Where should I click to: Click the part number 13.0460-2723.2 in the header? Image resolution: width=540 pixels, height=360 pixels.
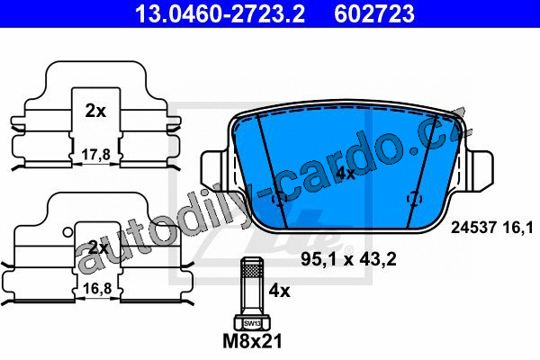coord(220,13)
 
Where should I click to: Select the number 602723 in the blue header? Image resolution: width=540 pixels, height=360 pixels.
coord(374,13)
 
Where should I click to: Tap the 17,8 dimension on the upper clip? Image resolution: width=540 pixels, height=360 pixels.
coord(96,155)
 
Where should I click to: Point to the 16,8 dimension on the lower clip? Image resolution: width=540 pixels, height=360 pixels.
coord(97,288)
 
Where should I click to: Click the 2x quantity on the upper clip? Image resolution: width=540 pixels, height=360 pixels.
coord(95,111)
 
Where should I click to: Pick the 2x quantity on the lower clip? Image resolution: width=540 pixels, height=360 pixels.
coord(98,247)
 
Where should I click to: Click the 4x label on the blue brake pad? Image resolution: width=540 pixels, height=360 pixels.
coord(346,174)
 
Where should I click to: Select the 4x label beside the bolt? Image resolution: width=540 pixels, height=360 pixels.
coord(279,291)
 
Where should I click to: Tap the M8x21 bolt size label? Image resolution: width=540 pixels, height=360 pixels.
coord(252,341)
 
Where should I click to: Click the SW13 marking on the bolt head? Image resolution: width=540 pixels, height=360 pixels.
coord(252,323)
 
